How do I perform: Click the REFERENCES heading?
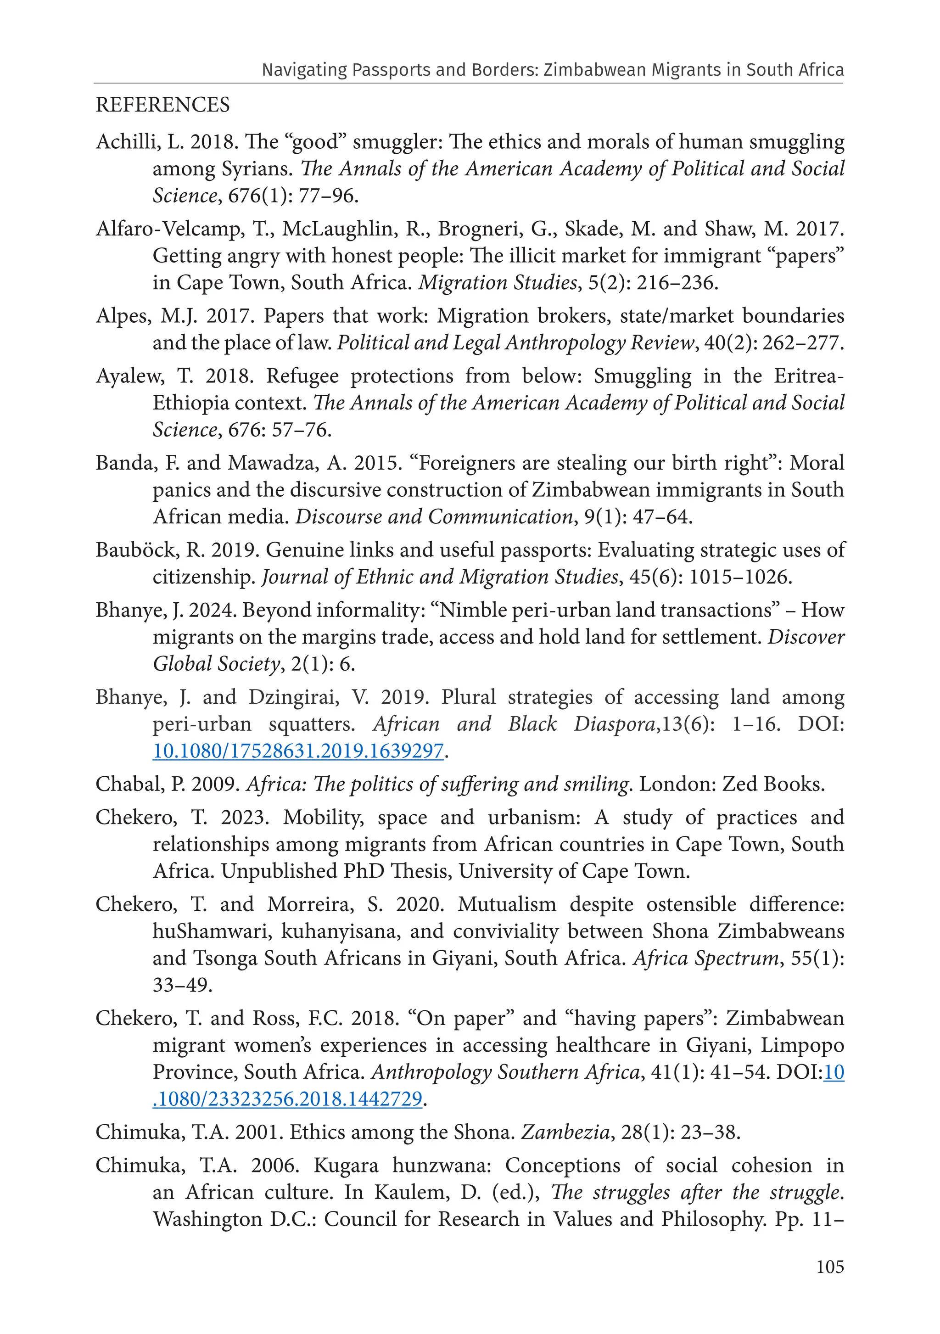pos(162,105)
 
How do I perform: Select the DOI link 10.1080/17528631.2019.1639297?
pos(298,751)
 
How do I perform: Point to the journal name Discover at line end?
pos(806,637)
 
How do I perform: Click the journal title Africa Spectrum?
pos(706,958)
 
